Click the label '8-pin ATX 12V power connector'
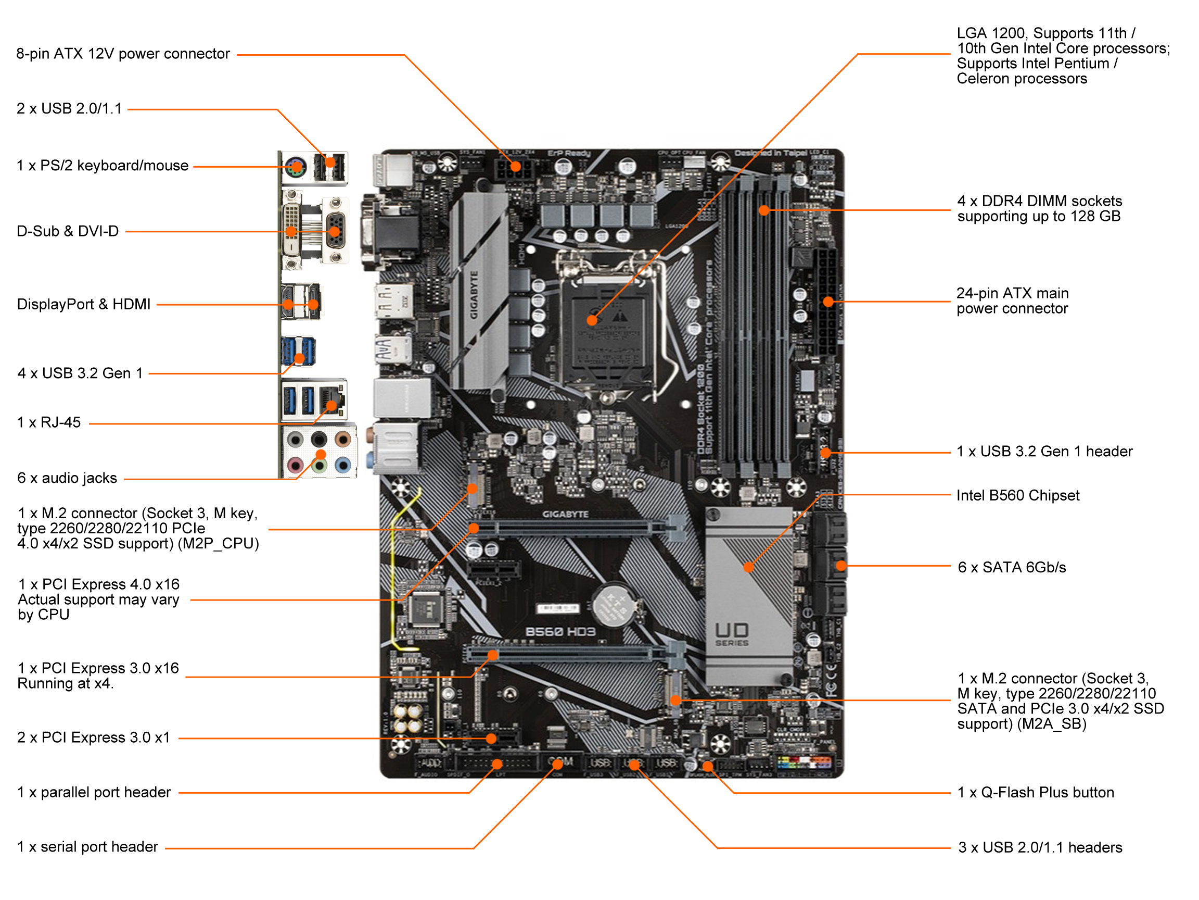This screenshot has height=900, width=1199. click(x=123, y=54)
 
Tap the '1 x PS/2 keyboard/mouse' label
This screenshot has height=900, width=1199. click(x=103, y=166)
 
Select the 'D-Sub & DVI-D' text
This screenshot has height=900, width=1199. click(x=68, y=231)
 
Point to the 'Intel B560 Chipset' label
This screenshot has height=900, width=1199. click(x=1017, y=495)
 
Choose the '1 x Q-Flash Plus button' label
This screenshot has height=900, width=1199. click(x=1035, y=793)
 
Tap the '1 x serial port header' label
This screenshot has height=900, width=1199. click(x=87, y=847)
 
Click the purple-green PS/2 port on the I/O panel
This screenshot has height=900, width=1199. click(x=295, y=168)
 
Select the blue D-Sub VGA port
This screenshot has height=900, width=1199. click(x=335, y=231)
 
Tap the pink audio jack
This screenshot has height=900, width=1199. click(x=295, y=465)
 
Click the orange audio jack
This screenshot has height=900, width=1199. click(x=342, y=439)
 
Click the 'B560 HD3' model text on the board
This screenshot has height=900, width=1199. click(x=560, y=631)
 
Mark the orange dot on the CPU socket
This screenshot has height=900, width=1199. click(x=592, y=321)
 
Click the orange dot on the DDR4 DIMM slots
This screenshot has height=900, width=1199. click(x=764, y=210)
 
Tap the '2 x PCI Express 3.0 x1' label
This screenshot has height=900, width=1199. click(x=93, y=738)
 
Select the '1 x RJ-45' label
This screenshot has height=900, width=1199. click(x=49, y=422)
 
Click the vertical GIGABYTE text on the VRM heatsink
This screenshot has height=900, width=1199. click(x=474, y=296)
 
